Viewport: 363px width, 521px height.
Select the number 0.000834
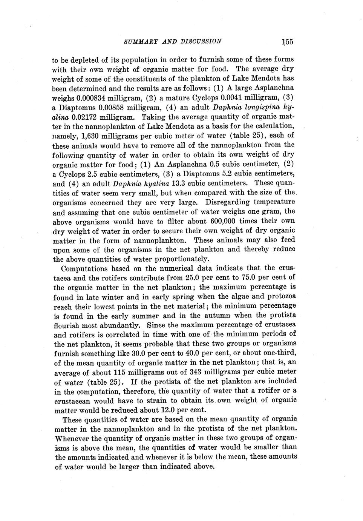[x=91, y=98]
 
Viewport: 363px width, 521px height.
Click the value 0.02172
[x=85, y=117]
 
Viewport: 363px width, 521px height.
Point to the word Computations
[x=85, y=268]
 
